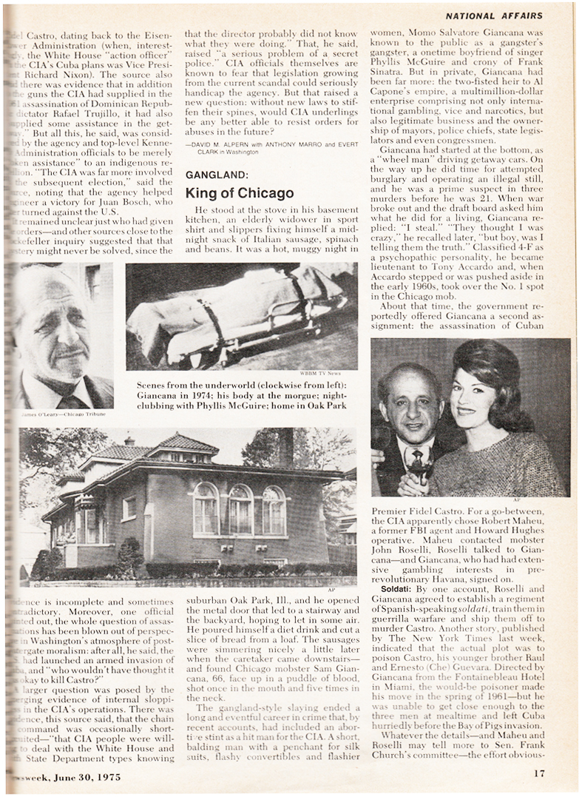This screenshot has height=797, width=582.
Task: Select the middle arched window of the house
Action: (240, 509)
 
